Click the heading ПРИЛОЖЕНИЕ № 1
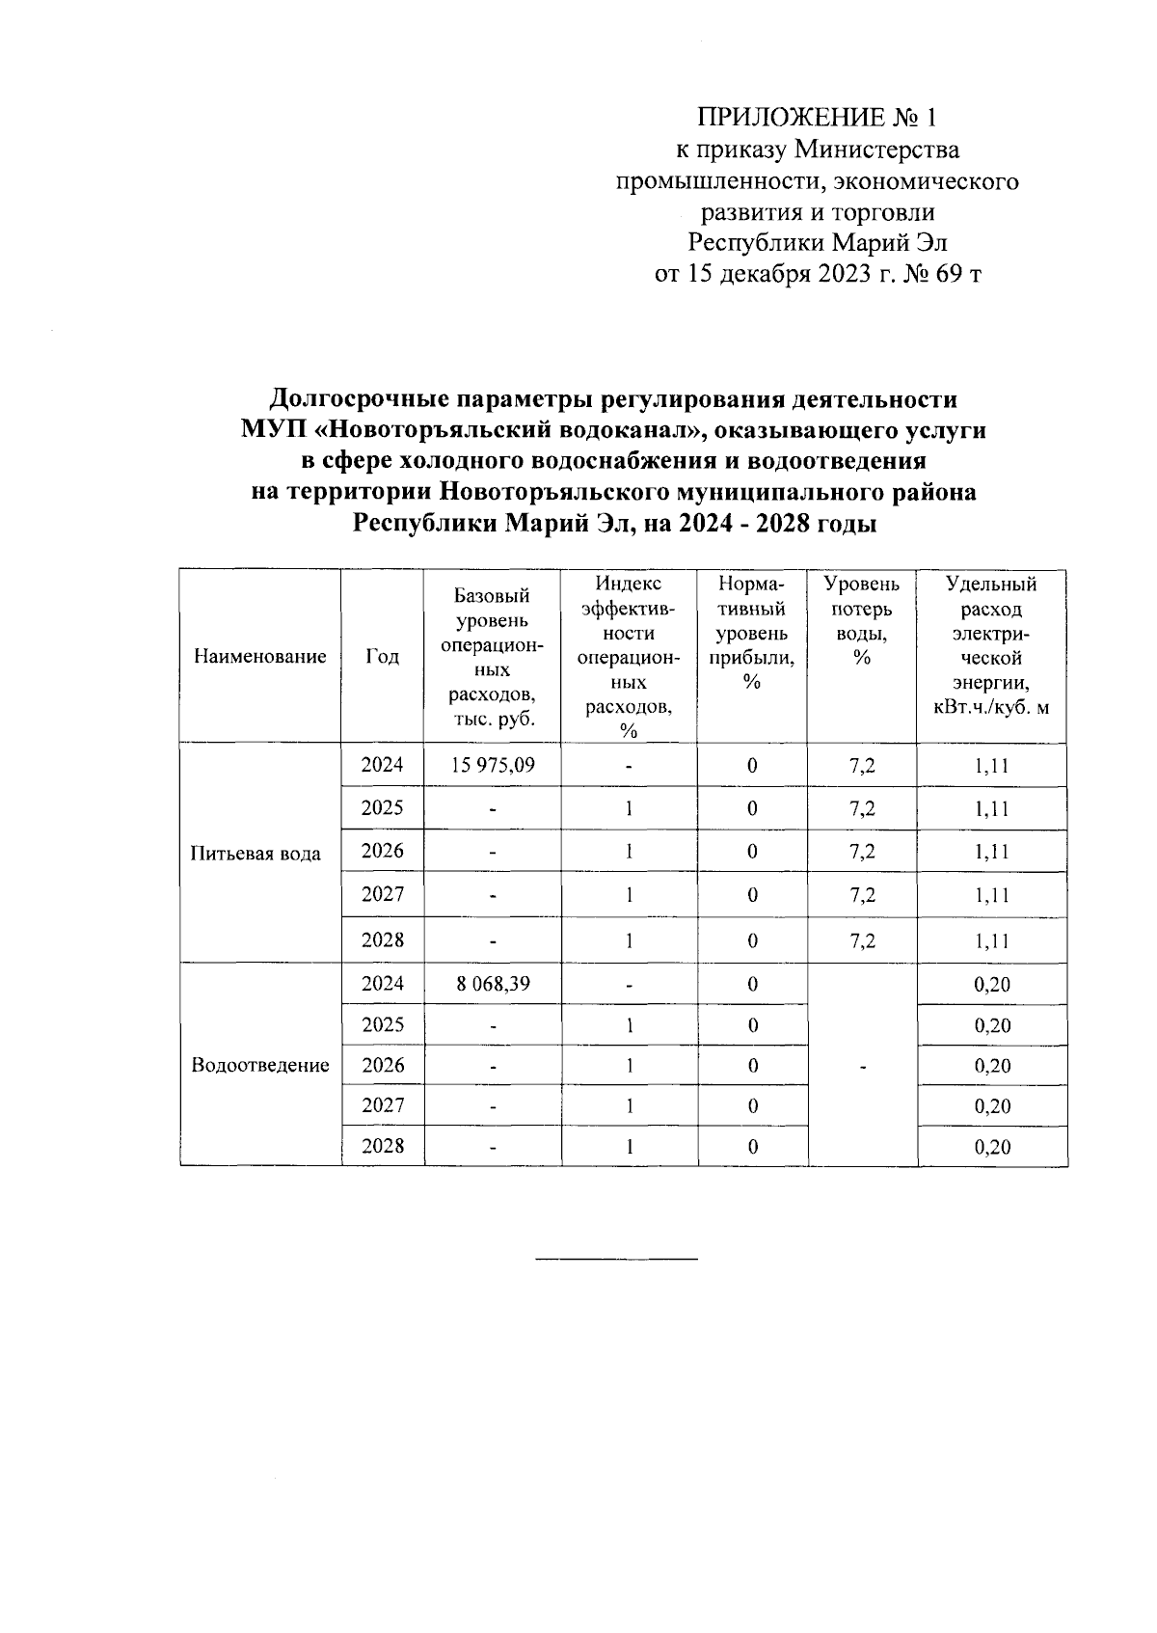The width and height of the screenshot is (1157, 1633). (x=817, y=118)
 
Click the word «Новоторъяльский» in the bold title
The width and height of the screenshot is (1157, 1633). (x=419, y=430)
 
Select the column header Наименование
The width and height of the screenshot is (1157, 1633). (x=260, y=657)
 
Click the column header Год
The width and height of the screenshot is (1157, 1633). (x=383, y=657)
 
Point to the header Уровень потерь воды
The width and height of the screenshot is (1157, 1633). (x=862, y=621)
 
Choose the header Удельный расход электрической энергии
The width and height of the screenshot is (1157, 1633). (x=991, y=645)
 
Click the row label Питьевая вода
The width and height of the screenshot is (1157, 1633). (x=256, y=854)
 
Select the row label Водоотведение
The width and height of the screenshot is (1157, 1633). (x=260, y=1065)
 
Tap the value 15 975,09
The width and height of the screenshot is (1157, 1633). (x=493, y=765)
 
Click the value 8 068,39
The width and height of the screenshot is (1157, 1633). (x=493, y=984)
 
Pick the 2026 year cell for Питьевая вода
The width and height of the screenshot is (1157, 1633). (x=383, y=851)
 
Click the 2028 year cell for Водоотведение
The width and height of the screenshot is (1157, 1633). (x=383, y=1146)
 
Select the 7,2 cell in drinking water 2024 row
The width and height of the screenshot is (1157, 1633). (x=862, y=765)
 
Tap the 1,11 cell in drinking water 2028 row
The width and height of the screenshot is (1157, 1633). (x=991, y=940)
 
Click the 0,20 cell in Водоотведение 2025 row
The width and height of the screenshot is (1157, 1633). (x=992, y=1025)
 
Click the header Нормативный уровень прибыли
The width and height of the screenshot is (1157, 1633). (x=752, y=633)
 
